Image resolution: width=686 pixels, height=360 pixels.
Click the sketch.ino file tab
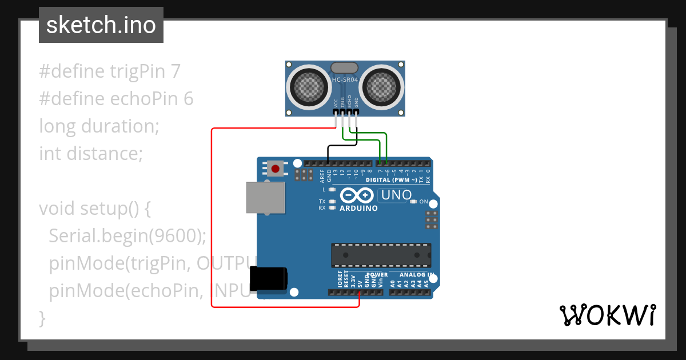[x=101, y=25]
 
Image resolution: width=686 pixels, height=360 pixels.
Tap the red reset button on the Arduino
[x=276, y=169]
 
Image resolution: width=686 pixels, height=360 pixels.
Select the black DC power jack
[x=269, y=280]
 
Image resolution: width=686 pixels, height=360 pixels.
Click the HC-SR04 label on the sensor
[x=345, y=80]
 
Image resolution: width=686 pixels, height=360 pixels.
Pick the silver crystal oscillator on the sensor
[x=345, y=68]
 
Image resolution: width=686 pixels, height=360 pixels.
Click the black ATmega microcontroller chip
[x=381, y=255]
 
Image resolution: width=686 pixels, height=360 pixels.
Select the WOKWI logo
[x=607, y=315]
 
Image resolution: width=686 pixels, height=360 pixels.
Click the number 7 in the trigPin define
[x=175, y=71]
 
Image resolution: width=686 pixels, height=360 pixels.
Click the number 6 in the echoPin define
[x=188, y=99]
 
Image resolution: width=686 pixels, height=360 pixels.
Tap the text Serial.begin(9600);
[x=127, y=235]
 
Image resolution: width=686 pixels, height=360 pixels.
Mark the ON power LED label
[x=424, y=202]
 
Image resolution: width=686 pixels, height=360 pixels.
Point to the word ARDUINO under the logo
[x=358, y=209]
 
